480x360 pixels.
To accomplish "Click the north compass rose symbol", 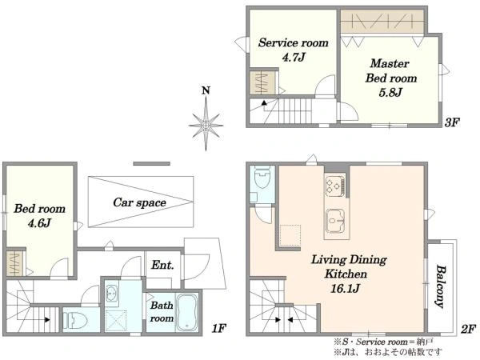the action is point(206,125).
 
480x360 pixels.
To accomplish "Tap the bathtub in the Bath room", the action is point(187,312).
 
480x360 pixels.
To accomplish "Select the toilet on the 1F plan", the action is point(74,320).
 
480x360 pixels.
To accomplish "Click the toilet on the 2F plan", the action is point(262,177).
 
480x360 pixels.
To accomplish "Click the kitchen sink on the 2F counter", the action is point(335,220).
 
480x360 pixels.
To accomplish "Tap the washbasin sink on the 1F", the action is point(111,294).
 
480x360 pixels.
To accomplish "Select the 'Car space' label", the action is point(139,202).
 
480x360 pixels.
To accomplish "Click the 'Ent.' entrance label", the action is point(162,265).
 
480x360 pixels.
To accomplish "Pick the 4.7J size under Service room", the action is point(294,58).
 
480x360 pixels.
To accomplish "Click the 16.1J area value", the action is point(345,288).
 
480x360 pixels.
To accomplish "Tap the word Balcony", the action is point(440,286).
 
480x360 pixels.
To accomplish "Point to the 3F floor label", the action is point(452,122).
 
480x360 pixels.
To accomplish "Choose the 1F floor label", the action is point(218,329).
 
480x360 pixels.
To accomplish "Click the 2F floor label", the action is point(468,329).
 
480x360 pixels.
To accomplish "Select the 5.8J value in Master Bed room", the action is point(390,92).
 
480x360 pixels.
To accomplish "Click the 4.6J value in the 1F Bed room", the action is point(39,223).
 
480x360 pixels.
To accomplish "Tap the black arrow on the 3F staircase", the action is point(264,103).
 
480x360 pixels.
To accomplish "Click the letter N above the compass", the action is point(206,90).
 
